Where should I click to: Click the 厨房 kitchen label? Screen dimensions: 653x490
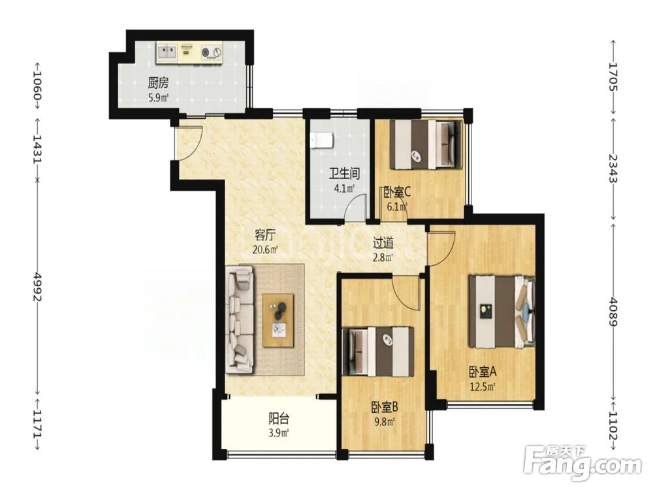[158, 84]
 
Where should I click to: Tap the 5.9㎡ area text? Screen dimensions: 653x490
[158, 99]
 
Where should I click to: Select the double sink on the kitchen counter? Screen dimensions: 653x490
[167, 52]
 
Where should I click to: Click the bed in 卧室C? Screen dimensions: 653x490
[426, 144]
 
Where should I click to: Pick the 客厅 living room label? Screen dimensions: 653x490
[265, 235]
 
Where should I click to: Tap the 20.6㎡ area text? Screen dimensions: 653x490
[265, 250]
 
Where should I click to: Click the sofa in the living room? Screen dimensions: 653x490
[240, 320]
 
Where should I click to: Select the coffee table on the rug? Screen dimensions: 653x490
[278, 320]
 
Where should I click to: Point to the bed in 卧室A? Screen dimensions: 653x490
[502, 311]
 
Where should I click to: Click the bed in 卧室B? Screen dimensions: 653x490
[377, 352]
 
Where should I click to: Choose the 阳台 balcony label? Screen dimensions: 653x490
[279, 418]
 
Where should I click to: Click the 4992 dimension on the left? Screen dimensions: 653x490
[38, 287]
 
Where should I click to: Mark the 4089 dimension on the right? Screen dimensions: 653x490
[613, 311]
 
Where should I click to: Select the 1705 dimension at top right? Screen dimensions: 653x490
[613, 76]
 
